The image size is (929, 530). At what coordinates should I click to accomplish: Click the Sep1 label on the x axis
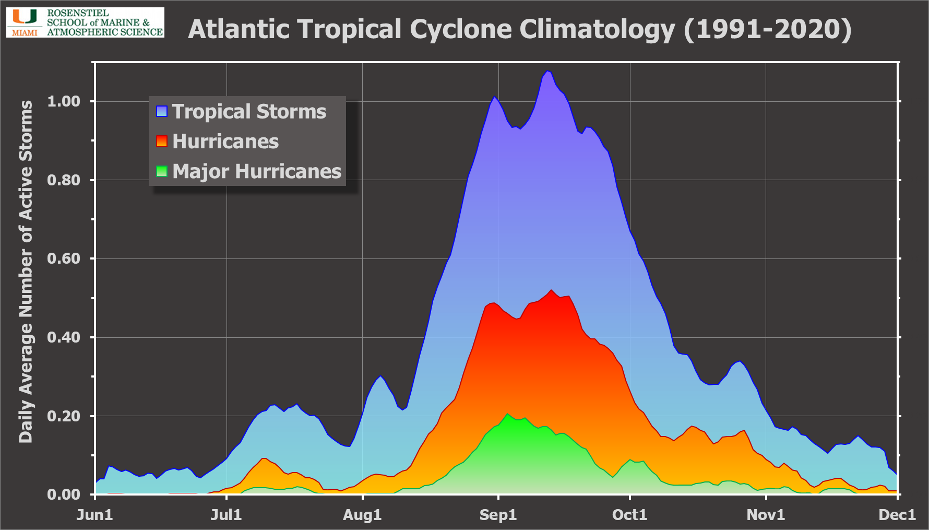coord(498,515)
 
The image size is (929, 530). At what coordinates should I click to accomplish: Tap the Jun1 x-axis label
coord(94,515)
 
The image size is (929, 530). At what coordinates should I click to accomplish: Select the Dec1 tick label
coord(897,515)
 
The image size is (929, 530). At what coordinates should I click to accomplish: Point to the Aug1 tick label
coord(362,515)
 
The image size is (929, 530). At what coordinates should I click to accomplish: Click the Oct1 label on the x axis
coord(629,515)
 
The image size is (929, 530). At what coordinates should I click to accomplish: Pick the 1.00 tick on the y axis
coord(64,101)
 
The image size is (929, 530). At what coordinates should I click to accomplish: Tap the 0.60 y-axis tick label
coord(64,258)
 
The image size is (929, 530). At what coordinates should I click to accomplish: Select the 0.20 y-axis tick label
coord(64,416)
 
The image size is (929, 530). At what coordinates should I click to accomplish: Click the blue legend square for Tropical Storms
coord(162,111)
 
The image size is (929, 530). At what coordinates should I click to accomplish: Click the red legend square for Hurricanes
coord(162,141)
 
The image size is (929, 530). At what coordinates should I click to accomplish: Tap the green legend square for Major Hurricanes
coord(162,171)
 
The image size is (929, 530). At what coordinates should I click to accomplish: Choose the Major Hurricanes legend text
coord(256,171)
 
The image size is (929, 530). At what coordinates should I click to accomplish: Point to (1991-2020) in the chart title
coord(767,29)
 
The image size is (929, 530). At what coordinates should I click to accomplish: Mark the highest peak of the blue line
coord(547,71)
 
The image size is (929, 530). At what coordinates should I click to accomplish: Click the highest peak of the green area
coord(507,414)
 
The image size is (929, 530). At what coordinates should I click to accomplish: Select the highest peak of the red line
coord(551,290)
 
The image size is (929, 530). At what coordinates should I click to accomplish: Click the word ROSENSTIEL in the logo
coord(78,13)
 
